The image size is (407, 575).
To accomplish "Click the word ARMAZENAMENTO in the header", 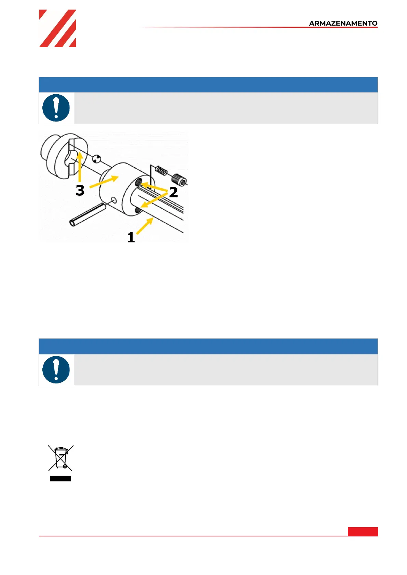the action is pos(343,23).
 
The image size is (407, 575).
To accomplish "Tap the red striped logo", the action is pos(57,28).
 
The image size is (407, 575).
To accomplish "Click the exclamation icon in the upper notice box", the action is pos(56,108).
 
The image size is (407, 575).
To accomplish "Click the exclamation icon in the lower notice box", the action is pos(56,370).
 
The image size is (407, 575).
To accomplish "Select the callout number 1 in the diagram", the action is pos(131,237).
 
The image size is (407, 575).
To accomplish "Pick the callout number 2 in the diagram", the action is pos(173,192).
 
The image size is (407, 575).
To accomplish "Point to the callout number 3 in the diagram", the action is pos(80,190).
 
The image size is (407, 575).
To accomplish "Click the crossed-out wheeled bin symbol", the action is pos(60,458).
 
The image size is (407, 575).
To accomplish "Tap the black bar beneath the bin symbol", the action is pos(60,479).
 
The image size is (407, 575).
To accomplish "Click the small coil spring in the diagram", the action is pos(161,170).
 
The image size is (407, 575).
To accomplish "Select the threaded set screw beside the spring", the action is pos(179,180).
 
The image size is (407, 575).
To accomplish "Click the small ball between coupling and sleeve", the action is pos(97,158).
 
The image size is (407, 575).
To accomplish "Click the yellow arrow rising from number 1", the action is pos(145,226).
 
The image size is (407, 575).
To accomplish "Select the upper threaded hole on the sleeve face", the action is pos(138,182).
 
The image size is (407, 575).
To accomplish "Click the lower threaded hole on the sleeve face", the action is pos(138,211).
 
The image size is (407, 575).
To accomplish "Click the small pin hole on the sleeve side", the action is pos(114,200).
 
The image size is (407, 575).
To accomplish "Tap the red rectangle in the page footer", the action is pos(363,532).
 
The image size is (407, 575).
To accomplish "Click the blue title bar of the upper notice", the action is pos(208,85).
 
